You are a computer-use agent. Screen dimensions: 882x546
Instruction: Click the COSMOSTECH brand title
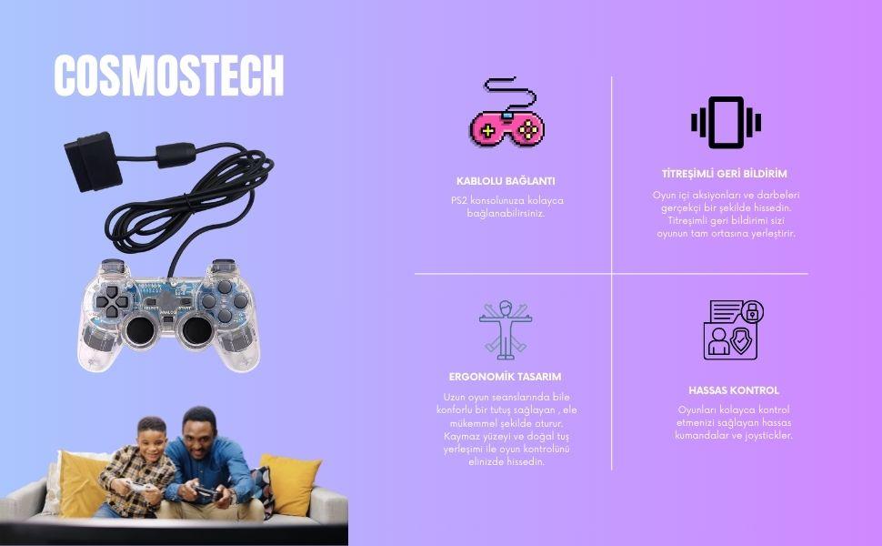pos(169,76)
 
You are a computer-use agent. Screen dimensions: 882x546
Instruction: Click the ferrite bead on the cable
pos(175,155)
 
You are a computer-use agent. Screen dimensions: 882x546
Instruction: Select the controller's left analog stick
pos(139,329)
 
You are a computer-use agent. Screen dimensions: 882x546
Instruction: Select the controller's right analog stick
pos(196,329)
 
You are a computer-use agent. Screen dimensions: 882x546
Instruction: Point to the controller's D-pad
pos(111,302)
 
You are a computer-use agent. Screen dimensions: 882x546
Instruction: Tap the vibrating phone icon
pos(726,122)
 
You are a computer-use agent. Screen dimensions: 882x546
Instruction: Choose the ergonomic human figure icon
pos(506,329)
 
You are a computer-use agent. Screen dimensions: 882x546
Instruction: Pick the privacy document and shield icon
pos(733,329)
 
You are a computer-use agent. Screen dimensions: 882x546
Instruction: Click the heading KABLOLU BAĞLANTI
pos(506,181)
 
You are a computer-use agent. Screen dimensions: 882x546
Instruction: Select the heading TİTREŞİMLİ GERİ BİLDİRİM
pos(725,174)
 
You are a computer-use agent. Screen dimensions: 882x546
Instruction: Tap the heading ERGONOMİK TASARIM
pos(506,377)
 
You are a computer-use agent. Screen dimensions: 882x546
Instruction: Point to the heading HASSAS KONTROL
pos(734,390)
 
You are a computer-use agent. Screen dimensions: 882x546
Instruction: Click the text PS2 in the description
pos(459,200)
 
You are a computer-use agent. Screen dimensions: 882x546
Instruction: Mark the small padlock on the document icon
pos(752,310)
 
